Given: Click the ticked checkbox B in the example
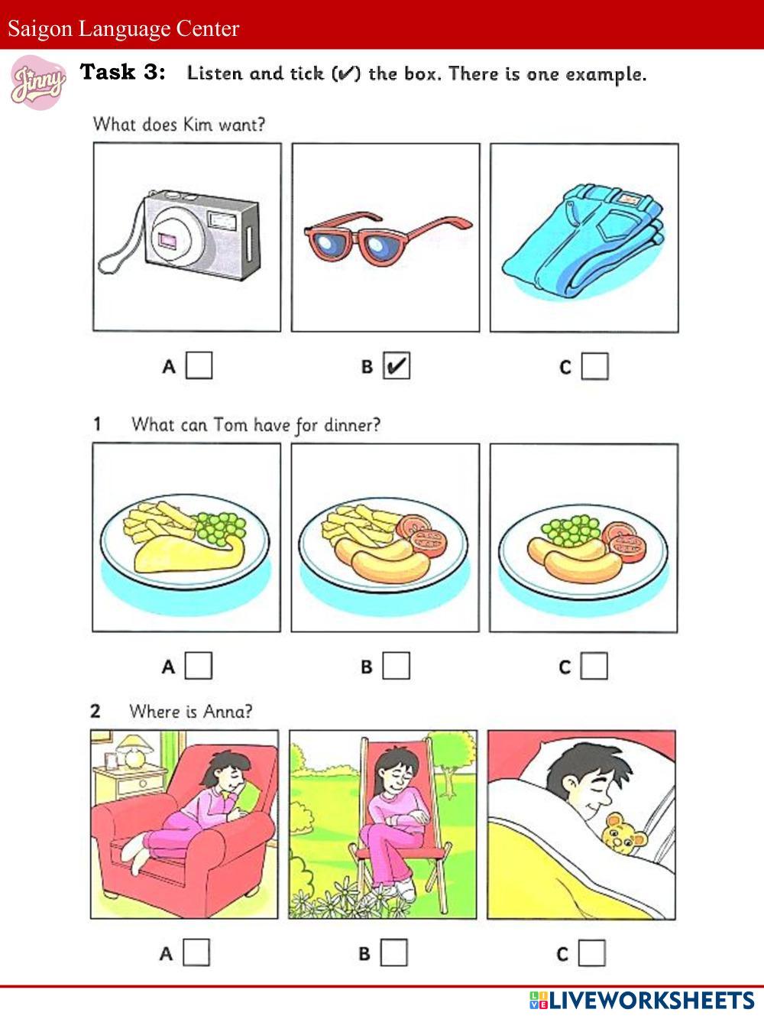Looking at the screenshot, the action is tap(397, 365).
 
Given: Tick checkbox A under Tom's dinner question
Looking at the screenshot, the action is tap(198, 665).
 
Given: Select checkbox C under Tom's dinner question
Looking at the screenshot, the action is tap(594, 666).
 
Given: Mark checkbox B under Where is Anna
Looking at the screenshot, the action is tap(393, 952).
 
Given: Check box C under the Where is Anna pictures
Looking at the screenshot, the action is tap(592, 953).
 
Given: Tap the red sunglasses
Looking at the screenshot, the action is tap(388, 239).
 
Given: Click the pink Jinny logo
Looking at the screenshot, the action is tap(38, 83).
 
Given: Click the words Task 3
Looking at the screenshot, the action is tap(122, 72).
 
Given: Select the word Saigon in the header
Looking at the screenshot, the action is tap(40, 29).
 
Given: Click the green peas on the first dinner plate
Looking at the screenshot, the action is tap(219, 527).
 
